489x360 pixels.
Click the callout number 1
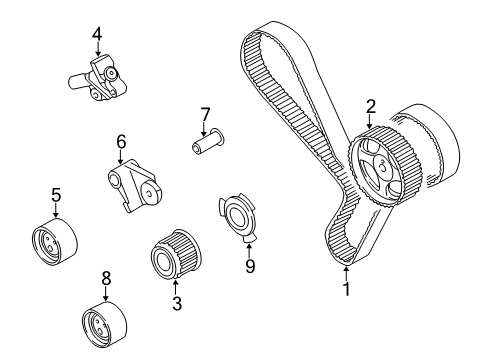pyautogui.click(x=347, y=292)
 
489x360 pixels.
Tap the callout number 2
pyautogui.click(x=371, y=105)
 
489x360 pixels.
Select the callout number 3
pyautogui.click(x=176, y=301)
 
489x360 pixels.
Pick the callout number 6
pyautogui.click(x=121, y=142)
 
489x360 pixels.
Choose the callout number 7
pyautogui.click(x=204, y=113)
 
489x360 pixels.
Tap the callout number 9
pyautogui.click(x=250, y=267)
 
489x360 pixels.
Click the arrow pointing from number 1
pyautogui.click(x=346, y=273)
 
